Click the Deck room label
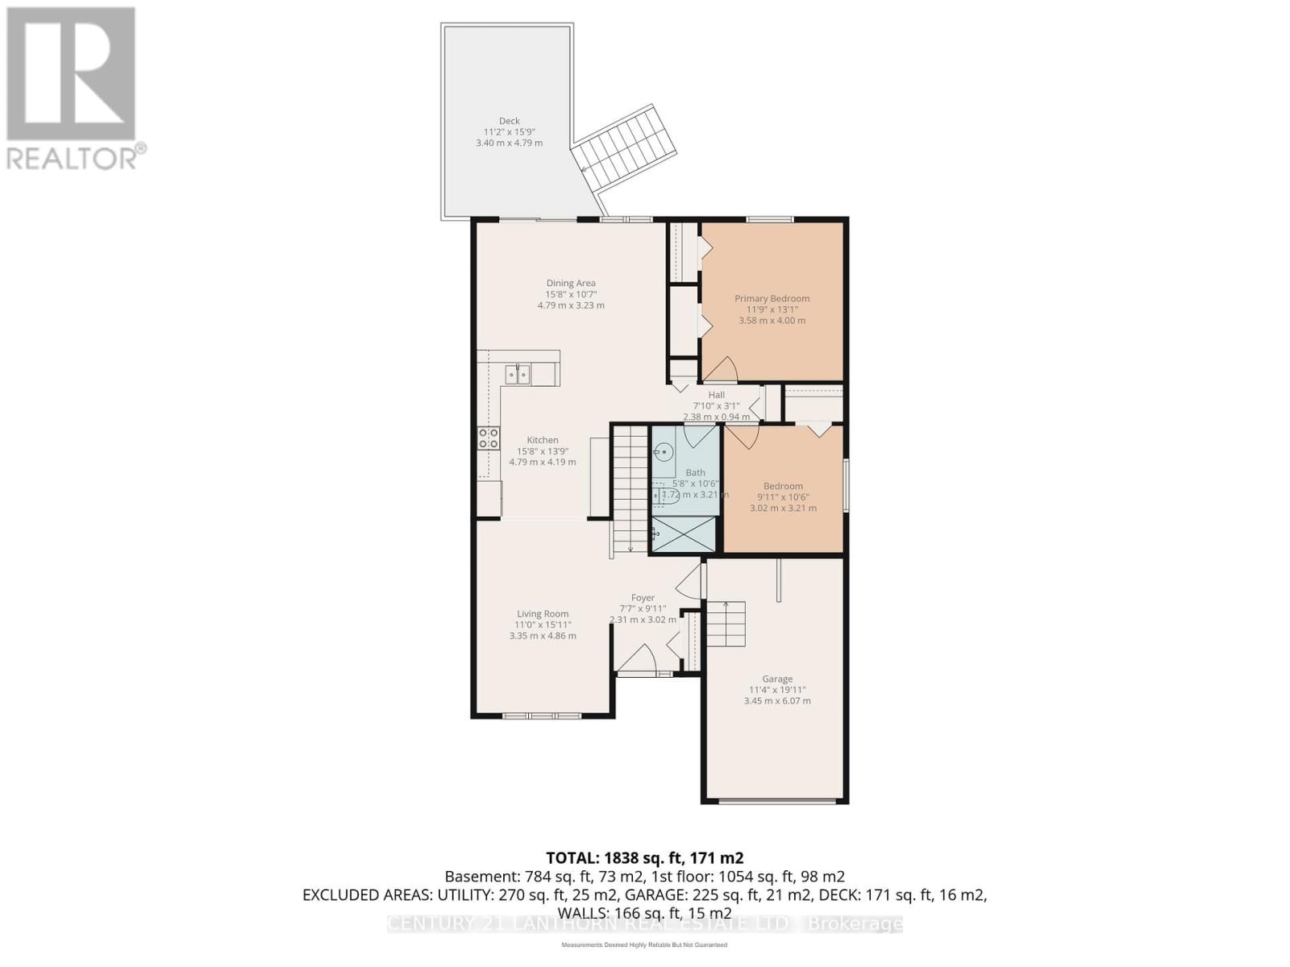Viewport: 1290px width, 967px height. coord(509,121)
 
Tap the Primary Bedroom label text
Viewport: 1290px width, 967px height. coord(772,298)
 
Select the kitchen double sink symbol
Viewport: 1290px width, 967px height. coord(518,374)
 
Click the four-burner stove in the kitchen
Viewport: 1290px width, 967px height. coord(489,438)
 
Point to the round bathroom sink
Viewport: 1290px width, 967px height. coord(664,453)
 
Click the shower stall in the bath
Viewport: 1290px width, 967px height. coord(683,535)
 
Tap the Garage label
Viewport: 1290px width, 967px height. coord(777,679)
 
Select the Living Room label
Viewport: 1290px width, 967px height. coord(543,613)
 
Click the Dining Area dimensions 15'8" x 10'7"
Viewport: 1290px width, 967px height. coord(571,294)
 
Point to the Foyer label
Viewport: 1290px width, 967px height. coord(643,598)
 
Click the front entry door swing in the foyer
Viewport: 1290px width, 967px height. coord(637,658)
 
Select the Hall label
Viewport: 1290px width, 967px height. coord(716,395)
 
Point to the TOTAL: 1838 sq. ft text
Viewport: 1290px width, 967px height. coord(644,857)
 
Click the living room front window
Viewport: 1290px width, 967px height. coord(541,716)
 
